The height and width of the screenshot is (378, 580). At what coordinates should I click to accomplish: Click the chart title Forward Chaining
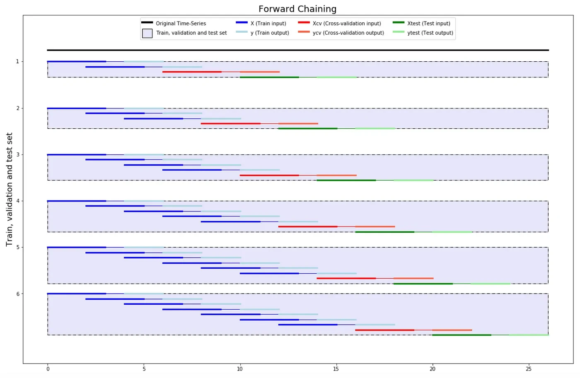[x=297, y=9]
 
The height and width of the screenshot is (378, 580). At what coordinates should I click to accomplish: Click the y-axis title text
[x=9, y=190]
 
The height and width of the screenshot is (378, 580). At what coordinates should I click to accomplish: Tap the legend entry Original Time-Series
[x=181, y=24]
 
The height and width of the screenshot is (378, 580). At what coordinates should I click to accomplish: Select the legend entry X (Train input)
[x=268, y=24]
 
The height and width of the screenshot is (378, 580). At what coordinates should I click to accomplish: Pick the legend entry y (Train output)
[x=270, y=33]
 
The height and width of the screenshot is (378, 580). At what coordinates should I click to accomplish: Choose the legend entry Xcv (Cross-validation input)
[x=347, y=24]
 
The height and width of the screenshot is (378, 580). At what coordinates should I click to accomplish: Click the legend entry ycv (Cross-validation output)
[x=348, y=33]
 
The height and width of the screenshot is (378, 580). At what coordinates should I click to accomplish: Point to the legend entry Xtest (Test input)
[x=428, y=24]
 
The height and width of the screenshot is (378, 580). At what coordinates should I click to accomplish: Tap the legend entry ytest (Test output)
[x=430, y=33]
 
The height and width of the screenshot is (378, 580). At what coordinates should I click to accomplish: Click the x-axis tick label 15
[x=336, y=369]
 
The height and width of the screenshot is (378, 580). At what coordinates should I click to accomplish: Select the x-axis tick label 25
[x=529, y=369]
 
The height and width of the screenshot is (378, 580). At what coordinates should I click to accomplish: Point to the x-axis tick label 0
[x=48, y=369]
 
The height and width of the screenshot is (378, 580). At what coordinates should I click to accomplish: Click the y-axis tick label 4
[x=17, y=201]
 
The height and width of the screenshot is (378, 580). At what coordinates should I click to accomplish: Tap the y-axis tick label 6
[x=17, y=294]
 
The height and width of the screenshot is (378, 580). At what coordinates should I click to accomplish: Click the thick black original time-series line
[x=297, y=50]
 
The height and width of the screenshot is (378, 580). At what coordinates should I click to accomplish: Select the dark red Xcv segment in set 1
[x=192, y=72]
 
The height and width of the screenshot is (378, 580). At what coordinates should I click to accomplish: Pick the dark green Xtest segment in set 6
[x=462, y=335]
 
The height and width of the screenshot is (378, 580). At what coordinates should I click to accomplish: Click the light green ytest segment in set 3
[x=413, y=180]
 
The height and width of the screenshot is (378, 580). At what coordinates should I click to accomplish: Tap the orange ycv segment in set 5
[x=413, y=278]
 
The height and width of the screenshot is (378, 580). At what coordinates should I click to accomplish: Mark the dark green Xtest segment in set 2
[x=308, y=128]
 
